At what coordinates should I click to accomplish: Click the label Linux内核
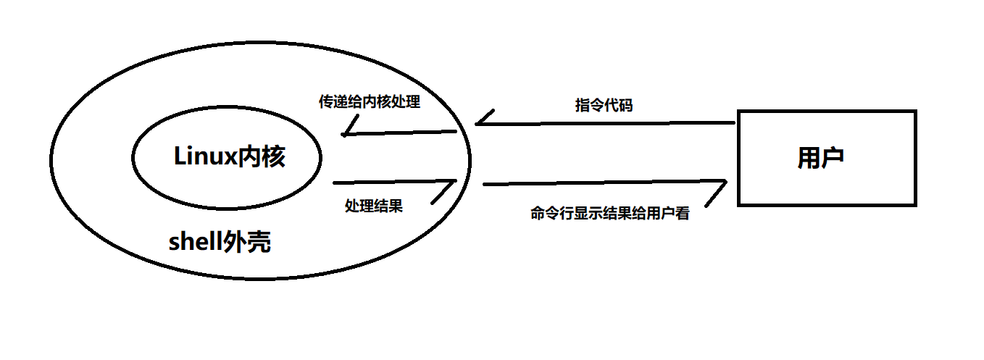pos(230,156)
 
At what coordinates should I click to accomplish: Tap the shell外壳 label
pos(220,242)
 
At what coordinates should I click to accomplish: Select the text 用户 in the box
pos(820,158)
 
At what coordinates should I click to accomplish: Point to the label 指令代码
pos(604,105)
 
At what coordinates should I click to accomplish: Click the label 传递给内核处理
pos(369,101)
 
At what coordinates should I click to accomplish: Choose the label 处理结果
pos(373,206)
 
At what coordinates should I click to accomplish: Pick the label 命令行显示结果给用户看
pos(609,214)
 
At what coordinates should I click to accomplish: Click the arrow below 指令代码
pos(605,124)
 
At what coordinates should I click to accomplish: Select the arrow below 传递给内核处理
pos(399,133)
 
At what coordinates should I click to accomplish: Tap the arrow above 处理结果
pos(394,182)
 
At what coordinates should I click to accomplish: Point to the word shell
pos(194,242)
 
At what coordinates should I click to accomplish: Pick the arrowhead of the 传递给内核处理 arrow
pos(348,131)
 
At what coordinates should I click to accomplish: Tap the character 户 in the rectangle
pos(833,158)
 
